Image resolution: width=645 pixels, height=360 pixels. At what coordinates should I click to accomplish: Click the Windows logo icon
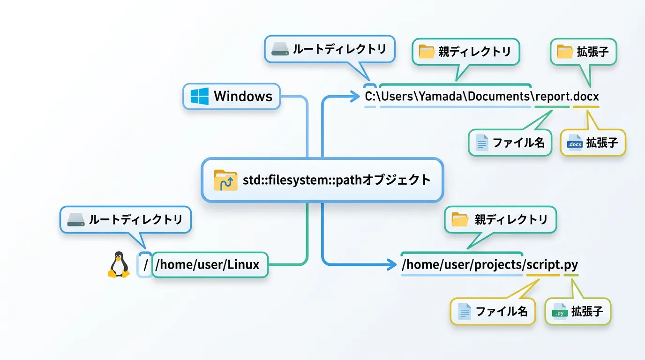click(199, 96)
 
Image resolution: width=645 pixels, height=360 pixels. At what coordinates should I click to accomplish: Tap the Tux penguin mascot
click(119, 265)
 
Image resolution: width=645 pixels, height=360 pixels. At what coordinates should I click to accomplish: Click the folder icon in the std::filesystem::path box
click(225, 180)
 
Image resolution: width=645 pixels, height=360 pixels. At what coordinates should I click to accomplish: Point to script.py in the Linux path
click(552, 264)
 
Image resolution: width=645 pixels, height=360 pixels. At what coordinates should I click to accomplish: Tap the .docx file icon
click(574, 142)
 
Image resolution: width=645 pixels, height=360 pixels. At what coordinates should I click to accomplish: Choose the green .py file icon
click(560, 311)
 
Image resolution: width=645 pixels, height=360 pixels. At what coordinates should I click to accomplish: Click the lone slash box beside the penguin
click(145, 265)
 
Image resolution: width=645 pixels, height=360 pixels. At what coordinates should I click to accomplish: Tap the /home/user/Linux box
click(210, 265)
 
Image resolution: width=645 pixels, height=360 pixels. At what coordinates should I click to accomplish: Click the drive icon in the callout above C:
click(280, 49)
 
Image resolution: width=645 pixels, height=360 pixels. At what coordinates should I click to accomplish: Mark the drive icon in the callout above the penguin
click(75, 219)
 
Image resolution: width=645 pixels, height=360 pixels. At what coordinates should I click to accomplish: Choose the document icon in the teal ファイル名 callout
click(481, 142)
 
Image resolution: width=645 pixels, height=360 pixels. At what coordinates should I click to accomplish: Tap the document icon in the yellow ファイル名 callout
click(465, 311)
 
